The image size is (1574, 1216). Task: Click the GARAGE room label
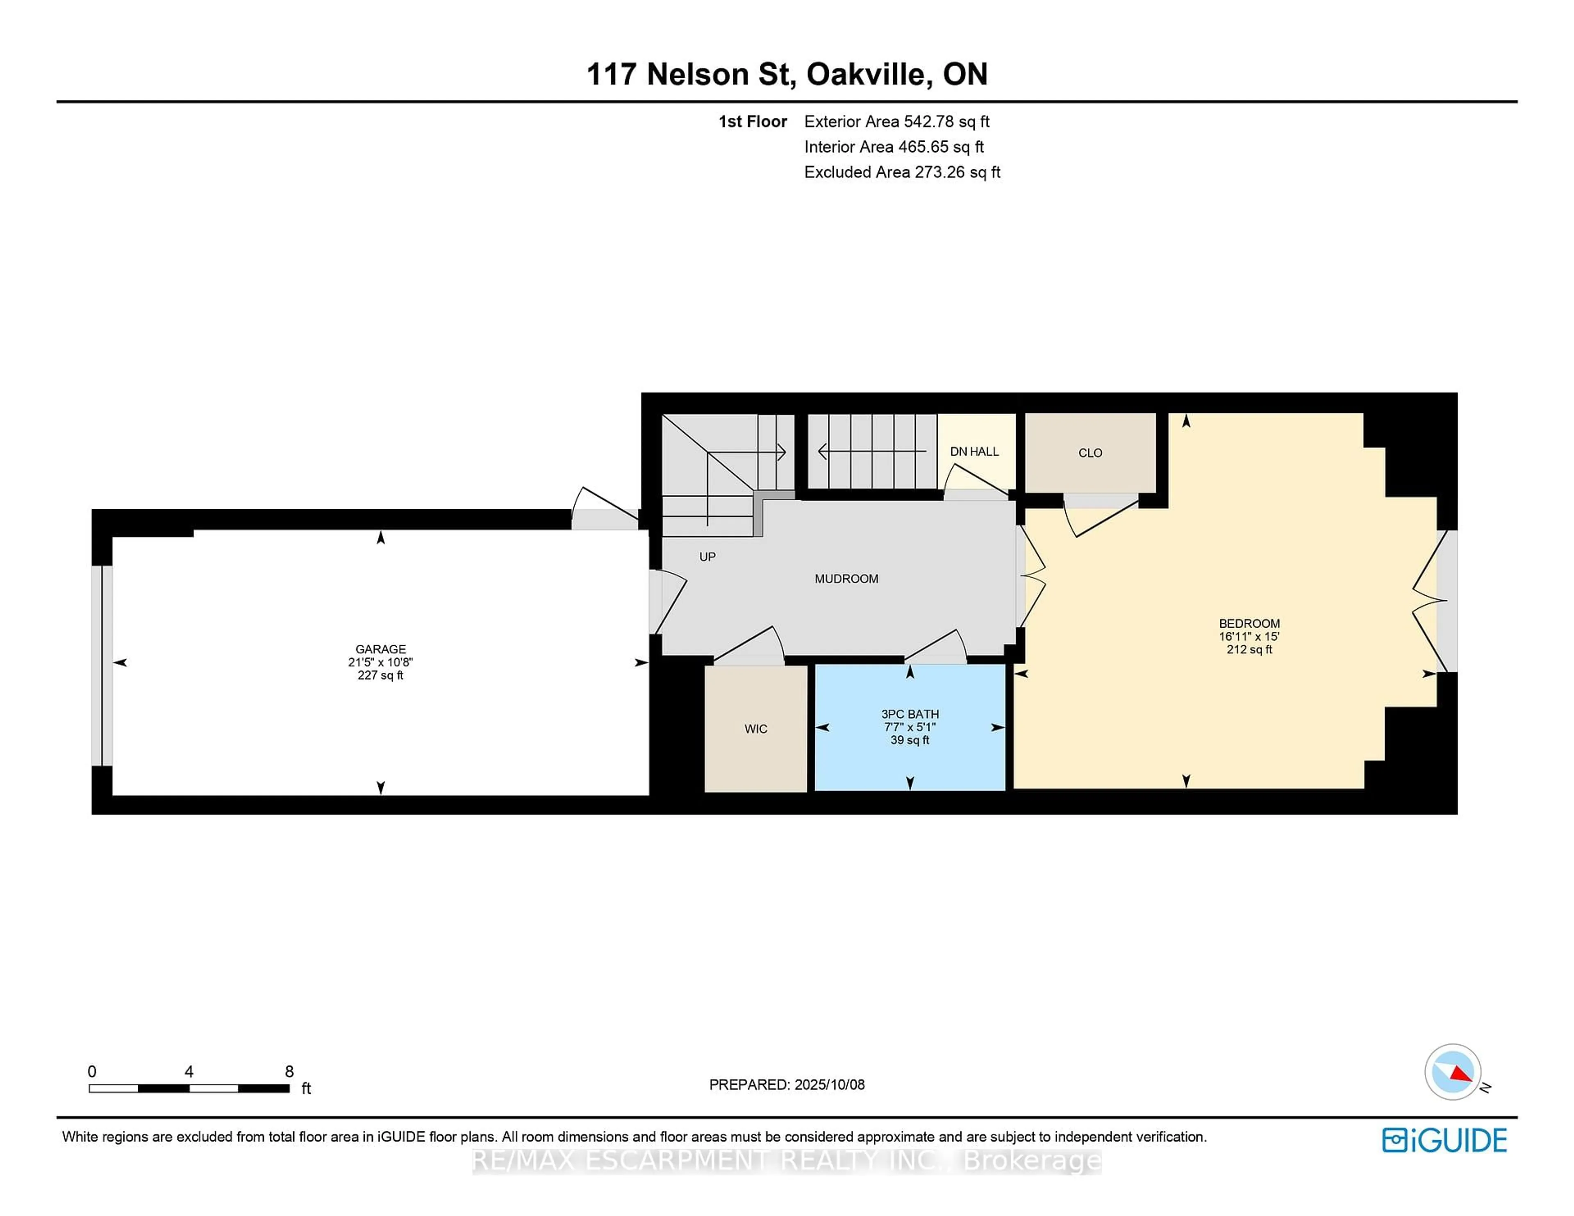[380, 649]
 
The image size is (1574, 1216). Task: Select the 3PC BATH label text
[910, 714]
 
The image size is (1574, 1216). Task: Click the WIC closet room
[755, 728]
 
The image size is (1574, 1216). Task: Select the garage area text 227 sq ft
[380, 676]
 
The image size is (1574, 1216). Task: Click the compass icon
[1452, 1072]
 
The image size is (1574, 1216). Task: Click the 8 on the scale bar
[289, 1071]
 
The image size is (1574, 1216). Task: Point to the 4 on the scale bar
[189, 1071]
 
